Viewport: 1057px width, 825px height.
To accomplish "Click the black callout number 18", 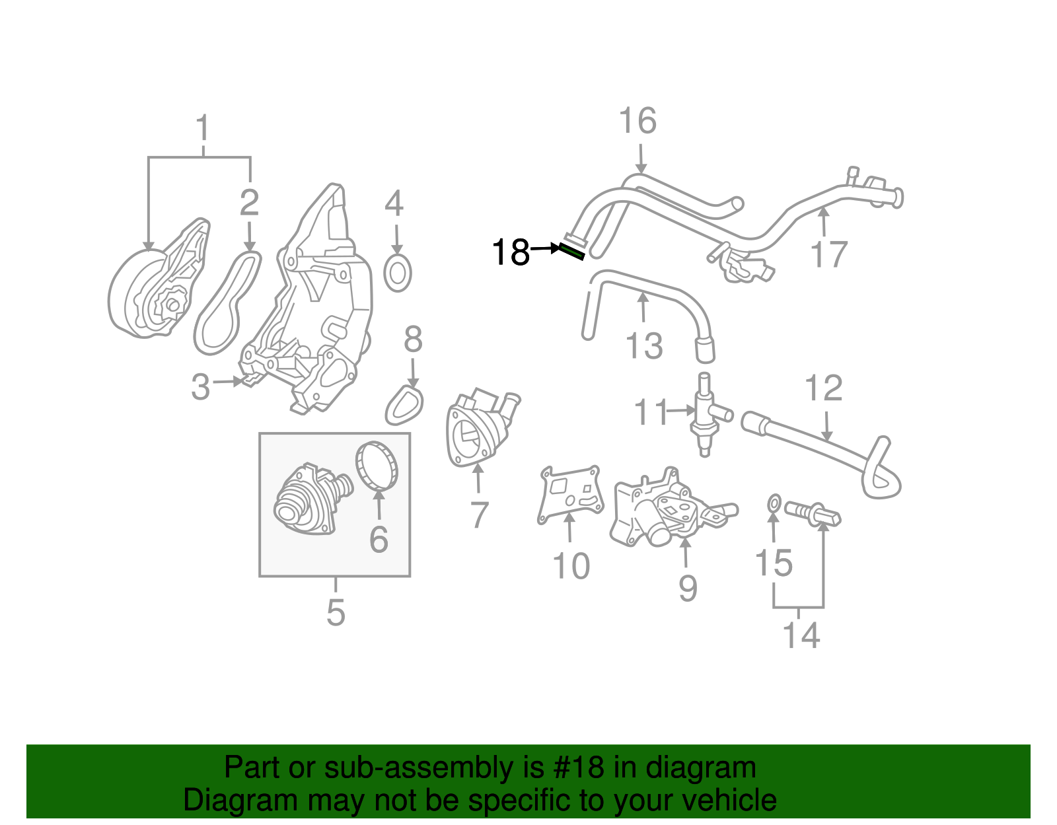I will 511,252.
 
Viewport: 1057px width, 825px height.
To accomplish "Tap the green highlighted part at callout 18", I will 571,252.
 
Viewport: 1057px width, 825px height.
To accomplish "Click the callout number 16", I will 638,122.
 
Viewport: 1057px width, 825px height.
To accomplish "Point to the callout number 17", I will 828,254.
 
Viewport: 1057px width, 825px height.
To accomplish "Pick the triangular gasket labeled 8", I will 404,406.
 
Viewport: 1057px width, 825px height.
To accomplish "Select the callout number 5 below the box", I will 336,613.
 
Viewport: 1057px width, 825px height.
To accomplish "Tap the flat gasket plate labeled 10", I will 570,495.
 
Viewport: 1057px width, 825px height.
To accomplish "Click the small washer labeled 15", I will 774,503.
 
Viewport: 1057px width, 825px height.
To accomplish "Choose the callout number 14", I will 801,635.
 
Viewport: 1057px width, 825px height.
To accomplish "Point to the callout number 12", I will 824,388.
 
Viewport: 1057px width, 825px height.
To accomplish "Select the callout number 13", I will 644,346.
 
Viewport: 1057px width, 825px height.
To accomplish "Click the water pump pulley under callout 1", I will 142,297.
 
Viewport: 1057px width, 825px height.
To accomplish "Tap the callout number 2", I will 249,203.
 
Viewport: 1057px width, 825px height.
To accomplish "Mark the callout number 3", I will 200,387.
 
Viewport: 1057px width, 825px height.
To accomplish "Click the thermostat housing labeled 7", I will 479,429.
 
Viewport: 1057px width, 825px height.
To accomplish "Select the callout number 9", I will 688,588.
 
